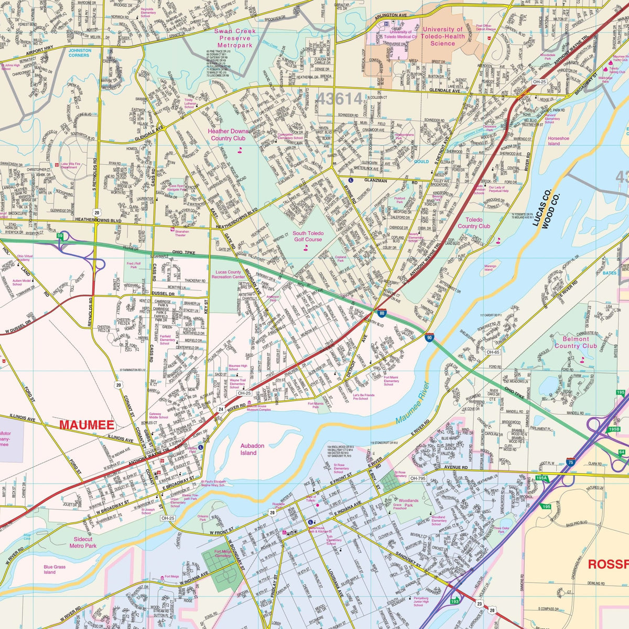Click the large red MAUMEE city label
tap(86, 424)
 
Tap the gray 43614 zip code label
tap(339, 98)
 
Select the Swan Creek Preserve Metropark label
tap(235, 38)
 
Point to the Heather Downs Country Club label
tap(228, 135)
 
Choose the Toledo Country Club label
tap(474, 223)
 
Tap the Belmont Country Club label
tap(575, 343)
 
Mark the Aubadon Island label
tap(252, 449)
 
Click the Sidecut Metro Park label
tap(83, 542)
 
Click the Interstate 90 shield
tap(429, 338)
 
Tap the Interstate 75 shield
tap(570, 462)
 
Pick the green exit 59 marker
tap(60, 236)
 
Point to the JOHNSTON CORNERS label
tap(80, 53)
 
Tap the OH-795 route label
tap(417, 478)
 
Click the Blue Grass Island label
tap(55, 569)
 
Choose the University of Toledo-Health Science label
tap(443, 37)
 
